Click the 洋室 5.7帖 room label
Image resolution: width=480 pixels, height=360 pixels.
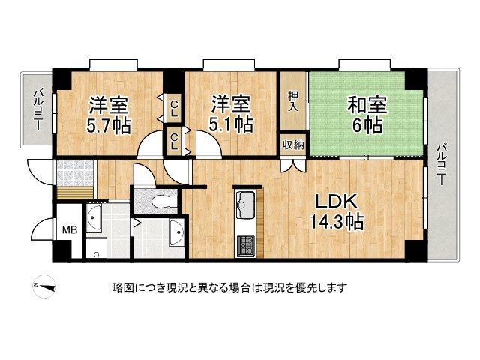coord(109,115)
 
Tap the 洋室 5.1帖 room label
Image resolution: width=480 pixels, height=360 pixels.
coord(231,113)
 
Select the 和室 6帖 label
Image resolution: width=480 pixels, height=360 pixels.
coord(367,115)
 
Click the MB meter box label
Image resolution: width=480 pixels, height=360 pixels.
coord(70,229)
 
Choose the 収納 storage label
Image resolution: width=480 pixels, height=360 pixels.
coord(293,145)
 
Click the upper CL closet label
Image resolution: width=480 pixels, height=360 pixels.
coord(174,109)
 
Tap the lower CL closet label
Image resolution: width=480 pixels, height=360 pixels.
coord(174,142)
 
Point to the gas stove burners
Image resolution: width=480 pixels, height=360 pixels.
coord(245,246)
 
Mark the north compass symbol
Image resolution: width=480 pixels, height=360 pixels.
coord(45,286)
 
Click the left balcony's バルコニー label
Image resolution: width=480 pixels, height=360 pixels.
coord(38,109)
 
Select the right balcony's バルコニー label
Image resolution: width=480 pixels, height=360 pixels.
coord(442,165)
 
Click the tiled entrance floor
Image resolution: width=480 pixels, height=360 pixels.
coord(75,173)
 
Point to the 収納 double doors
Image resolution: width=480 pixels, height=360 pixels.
coord(293,165)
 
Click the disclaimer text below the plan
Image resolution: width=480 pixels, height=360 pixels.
coord(229,287)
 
